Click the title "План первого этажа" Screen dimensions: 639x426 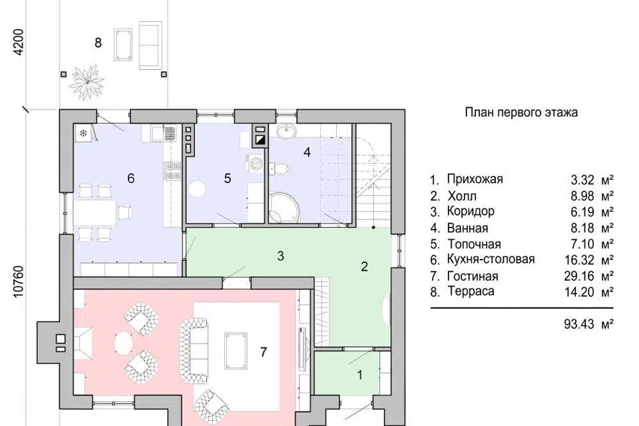pos(521,112)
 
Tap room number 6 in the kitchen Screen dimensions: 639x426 pos(131,178)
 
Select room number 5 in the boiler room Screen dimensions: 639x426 pos(228,178)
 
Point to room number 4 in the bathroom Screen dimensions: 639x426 pos(308,152)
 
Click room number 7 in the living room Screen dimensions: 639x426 pos(264,352)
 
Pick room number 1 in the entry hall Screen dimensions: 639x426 pos(360,375)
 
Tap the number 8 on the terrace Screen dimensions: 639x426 pos(98,43)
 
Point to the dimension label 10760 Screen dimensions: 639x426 pos(19,282)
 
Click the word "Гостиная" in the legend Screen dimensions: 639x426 pos(473,276)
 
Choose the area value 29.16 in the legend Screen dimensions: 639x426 pos(579,276)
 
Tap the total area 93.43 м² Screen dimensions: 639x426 pos(589,324)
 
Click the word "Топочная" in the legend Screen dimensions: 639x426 pos(474,244)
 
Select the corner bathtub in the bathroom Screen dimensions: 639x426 pos(284,208)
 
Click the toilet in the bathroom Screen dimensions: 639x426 pos(280,168)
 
